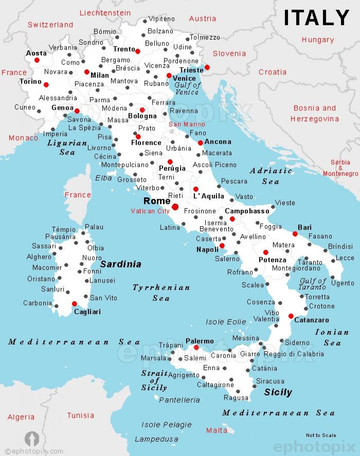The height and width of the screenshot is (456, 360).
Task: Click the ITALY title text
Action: point(316,17)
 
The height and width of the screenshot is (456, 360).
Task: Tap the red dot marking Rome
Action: point(175,207)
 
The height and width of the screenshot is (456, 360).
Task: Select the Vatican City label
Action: point(150,211)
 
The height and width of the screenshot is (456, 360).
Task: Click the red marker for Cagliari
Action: point(74,304)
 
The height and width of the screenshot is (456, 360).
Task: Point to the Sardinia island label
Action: point(121,264)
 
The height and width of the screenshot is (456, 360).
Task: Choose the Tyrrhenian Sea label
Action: point(161,292)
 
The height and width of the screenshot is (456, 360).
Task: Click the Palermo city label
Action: point(199,341)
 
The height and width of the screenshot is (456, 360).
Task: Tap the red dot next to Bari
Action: point(295,234)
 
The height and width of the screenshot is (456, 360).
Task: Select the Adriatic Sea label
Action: point(271,176)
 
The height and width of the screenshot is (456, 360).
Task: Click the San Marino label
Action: point(187,124)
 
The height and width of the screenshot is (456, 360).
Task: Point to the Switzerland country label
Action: point(50,25)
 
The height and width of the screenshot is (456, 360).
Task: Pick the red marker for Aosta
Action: point(37,60)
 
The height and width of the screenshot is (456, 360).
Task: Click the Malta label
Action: point(216,430)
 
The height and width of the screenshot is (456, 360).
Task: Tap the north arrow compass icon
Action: point(32,439)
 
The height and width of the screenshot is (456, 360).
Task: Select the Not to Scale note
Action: point(321,435)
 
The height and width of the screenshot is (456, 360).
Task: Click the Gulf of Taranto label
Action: point(313,284)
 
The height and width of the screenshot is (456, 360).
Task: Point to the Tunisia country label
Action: point(80,415)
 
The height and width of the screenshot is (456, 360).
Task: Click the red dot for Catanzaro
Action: point(291,316)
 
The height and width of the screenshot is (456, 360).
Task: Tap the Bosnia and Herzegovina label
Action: point(315,113)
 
